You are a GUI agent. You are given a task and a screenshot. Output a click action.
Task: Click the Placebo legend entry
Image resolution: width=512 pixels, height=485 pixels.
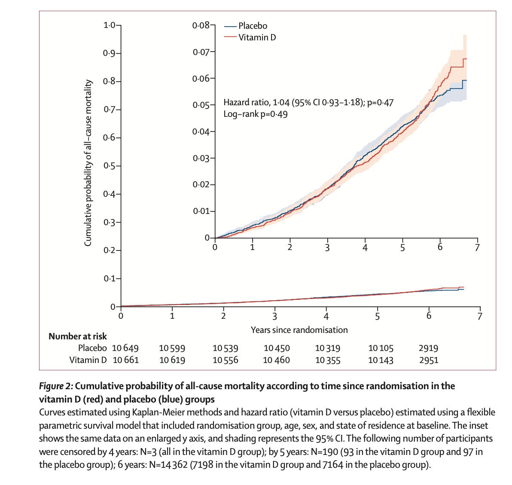point(253,26)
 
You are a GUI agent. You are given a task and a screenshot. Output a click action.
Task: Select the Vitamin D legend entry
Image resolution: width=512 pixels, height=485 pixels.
point(257,37)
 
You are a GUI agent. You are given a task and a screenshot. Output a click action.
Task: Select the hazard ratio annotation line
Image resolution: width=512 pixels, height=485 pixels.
point(308,103)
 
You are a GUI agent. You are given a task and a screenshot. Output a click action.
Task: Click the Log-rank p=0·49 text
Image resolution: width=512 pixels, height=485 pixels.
point(255,114)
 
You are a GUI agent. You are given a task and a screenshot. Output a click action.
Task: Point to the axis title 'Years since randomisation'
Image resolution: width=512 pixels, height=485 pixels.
point(299,330)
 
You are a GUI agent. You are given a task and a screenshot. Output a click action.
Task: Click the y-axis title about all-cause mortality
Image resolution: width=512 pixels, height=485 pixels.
point(88,163)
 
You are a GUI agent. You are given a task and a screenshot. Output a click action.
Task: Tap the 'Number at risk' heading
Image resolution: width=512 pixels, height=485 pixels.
point(77,336)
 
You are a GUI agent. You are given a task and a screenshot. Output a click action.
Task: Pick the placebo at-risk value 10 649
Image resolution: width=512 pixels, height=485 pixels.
point(125,348)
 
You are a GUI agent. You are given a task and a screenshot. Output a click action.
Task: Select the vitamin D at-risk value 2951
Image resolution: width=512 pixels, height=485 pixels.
point(428,360)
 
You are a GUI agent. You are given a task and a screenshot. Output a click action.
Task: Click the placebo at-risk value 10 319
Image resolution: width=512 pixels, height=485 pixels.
point(327,348)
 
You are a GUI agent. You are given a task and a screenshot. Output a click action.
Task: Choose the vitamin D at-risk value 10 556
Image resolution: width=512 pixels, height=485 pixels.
point(225,360)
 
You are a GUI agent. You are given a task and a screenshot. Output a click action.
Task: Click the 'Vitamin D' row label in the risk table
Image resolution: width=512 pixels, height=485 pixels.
point(88,360)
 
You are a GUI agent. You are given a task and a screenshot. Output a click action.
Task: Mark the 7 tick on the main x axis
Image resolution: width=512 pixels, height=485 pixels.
point(480,316)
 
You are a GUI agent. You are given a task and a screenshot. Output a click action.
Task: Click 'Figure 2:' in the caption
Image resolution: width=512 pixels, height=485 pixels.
point(56,386)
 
